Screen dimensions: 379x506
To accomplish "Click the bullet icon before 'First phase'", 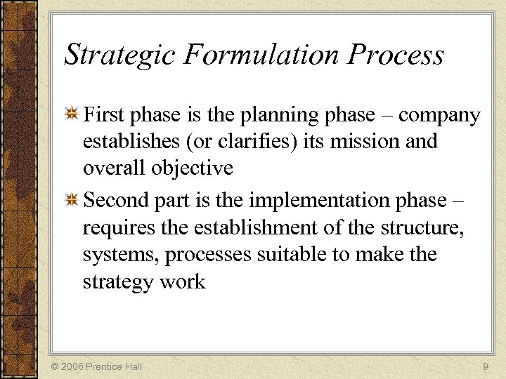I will pos(72,114).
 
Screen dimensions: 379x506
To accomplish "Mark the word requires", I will pos(120,228).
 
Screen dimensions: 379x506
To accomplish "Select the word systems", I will pos(120,255).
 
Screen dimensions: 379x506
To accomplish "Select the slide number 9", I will pos(486,366).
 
